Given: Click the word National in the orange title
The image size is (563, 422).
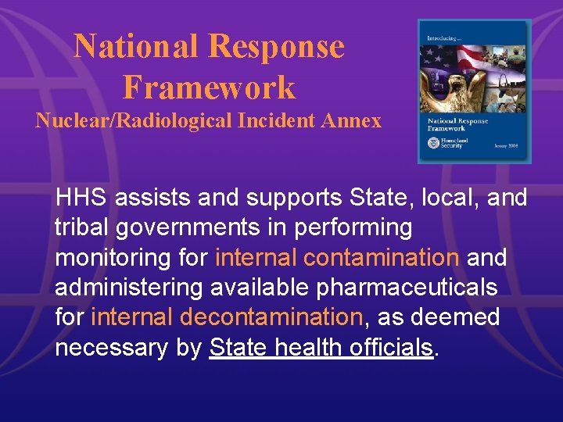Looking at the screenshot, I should (x=136, y=47).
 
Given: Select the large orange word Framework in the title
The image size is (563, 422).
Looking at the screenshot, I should (x=209, y=87).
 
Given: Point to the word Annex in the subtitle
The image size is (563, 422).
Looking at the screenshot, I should (x=355, y=121).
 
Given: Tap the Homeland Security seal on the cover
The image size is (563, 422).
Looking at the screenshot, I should (x=434, y=143).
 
